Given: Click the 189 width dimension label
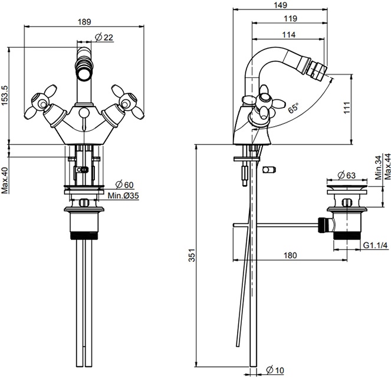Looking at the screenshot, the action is (84, 22).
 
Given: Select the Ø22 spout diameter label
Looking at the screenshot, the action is (104, 37).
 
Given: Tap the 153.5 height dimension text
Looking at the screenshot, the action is (5, 96).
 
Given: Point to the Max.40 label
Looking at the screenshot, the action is (5, 180).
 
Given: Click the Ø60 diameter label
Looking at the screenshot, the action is (124, 185).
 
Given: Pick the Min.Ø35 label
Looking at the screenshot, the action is (123, 196).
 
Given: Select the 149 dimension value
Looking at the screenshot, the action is (280, 5).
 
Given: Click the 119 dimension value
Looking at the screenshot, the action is (291, 18).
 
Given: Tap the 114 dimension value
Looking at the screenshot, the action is (289, 34).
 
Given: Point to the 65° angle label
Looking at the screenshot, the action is (293, 109).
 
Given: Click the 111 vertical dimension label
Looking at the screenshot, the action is (347, 108).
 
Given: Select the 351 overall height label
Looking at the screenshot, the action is (192, 255).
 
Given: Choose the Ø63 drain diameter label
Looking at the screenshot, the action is (347, 175).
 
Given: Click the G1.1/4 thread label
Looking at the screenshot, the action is (376, 245).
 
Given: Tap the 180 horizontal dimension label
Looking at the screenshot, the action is (290, 255).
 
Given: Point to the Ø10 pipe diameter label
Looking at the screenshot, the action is (275, 370).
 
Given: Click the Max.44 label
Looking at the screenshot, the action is (387, 166).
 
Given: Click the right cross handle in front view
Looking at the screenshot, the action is (127, 102).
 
